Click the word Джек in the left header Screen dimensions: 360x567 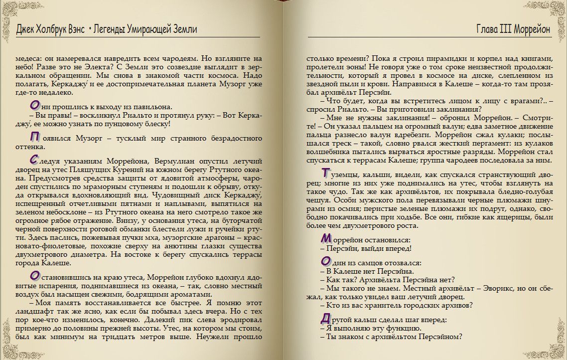(27, 29)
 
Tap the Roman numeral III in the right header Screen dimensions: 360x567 (505, 29)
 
